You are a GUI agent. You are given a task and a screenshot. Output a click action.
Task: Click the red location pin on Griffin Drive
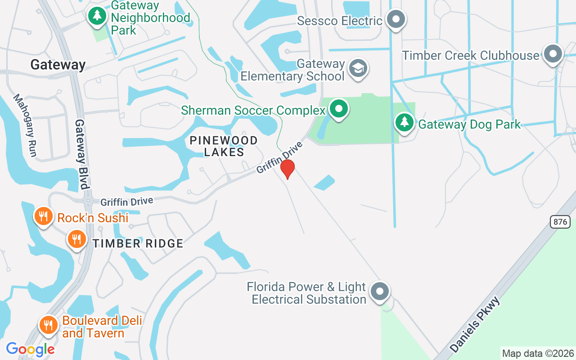point(288,169)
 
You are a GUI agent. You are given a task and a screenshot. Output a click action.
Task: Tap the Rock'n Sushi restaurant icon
point(43,216)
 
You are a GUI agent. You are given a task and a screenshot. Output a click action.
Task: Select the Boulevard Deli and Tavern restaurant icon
point(48,324)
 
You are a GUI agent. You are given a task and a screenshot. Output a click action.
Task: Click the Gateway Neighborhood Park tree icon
point(97,16)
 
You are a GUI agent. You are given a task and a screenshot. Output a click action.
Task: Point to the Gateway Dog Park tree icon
point(405,122)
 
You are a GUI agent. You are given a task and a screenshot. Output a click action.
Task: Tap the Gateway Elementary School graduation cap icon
point(358,68)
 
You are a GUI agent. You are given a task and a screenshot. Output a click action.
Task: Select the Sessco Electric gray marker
point(396,20)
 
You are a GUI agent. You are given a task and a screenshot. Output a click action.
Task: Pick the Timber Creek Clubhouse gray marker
point(553,54)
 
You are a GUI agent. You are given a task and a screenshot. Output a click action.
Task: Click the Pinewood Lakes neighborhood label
point(224,146)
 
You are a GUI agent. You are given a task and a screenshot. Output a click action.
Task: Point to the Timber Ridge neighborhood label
point(138,243)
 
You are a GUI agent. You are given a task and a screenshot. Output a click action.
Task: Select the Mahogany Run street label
point(25,125)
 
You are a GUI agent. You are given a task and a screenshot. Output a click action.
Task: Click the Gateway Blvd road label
point(82,154)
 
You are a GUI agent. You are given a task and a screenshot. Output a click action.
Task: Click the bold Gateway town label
point(58,65)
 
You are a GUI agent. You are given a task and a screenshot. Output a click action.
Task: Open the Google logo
point(31,349)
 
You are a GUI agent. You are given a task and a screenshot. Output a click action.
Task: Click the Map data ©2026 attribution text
point(538,354)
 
